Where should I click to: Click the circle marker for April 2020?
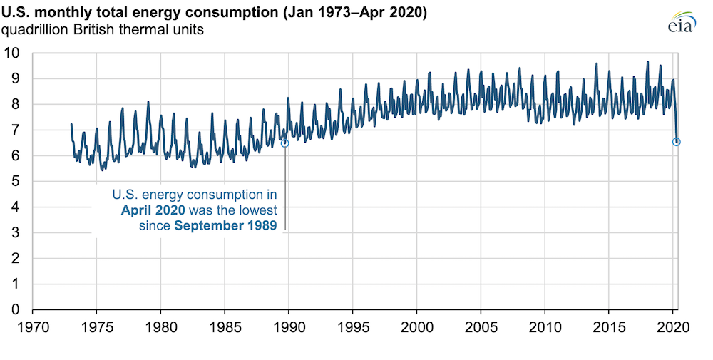pyautogui.click(x=676, y=142)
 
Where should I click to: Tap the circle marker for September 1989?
pyautogui.click(x=285, y=143)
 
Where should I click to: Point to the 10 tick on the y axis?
pyautogui.click(x=12, y=53)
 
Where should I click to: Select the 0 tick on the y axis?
pyautogui.click(x=16, y=309)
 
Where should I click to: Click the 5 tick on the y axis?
pyautogui.click(x=16, y=181)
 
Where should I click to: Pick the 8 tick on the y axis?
pyautogui.click(x=16, y=104)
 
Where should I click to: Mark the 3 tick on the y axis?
pyautogui.click(x=16, y=232)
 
